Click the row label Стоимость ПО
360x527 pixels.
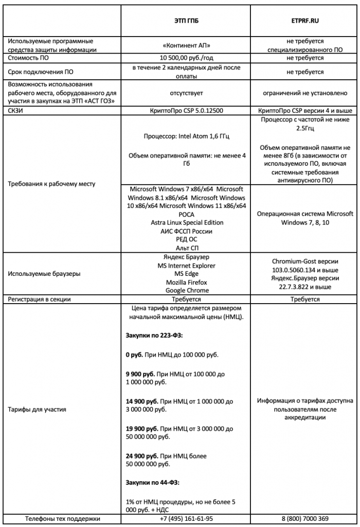(30, 58)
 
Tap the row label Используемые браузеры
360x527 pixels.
(44, 274)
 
